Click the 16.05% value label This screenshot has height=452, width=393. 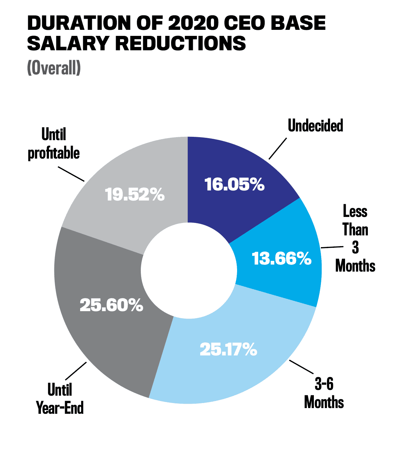click(234, 184)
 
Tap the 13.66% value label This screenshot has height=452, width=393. click(282, 259)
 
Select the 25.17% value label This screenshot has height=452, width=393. click(228, 349)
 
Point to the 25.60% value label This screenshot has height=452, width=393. click(111, 305)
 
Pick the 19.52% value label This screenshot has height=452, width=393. click(135, 194)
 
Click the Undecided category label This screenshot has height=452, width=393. click(315, 126)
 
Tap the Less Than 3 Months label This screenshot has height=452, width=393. click(355, 239)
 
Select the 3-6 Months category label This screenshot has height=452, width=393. click(324, 393)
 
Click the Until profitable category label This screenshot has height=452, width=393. click(54, 144)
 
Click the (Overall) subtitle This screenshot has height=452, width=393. click(54, 68)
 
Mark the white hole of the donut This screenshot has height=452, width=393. click(188, 270)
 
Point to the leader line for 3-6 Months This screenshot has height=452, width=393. click(301, 367)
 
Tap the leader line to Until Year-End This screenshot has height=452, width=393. click(76, 371)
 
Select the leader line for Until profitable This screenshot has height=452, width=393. click(71, 173)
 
